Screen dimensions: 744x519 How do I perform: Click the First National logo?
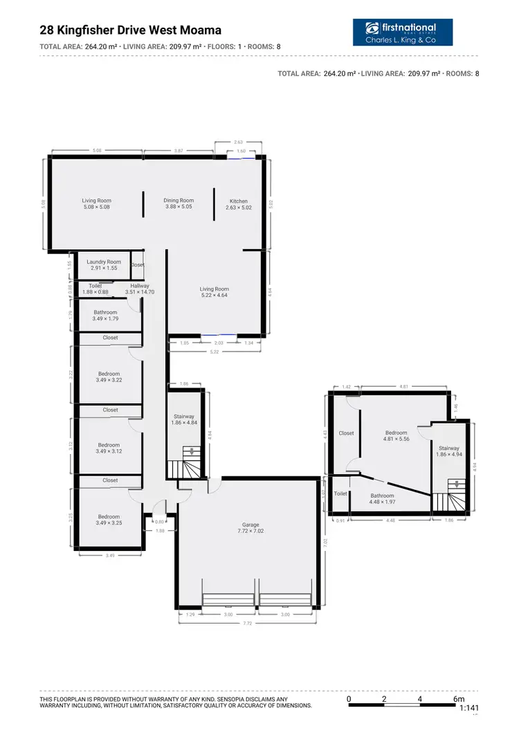click(409, 33)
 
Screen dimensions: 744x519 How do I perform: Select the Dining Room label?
click(179, 203)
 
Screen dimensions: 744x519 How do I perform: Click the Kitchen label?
click(238, 204)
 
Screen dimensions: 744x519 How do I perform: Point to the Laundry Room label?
click(104, 264)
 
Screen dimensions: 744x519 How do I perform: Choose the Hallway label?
click(140, 289)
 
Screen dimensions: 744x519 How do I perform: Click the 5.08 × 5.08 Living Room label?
click(97, 203)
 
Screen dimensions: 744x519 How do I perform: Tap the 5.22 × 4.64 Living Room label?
click(215, 292)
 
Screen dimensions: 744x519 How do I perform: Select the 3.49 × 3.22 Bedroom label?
click(109, 376)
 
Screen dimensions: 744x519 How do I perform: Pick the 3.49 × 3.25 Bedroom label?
click(109, 520)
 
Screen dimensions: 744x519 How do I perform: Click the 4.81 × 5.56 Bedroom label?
click(397, 436)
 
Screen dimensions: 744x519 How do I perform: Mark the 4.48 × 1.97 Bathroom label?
click(382, 498)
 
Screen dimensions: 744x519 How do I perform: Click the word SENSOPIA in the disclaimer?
click(248, 700)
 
